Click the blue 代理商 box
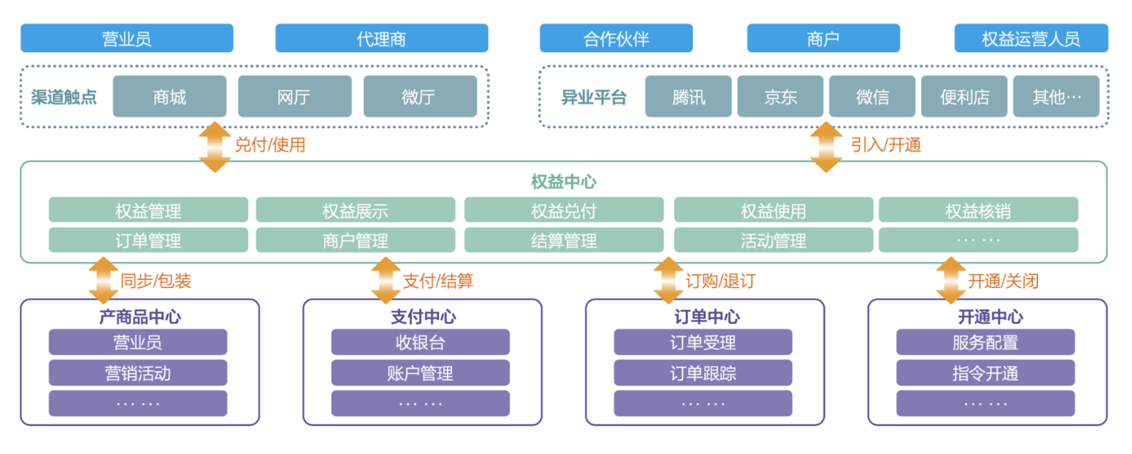381,38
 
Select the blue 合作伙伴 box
616,38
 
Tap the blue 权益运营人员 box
1031,38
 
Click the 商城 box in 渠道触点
169,96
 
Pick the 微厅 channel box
420,96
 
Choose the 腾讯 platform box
688,96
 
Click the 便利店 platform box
964,96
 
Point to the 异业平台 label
593,97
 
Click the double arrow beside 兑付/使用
215,147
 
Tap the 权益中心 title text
564,181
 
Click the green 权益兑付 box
564,211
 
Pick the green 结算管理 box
564,240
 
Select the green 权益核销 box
978,211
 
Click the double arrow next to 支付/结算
386,280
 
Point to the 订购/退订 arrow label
720,280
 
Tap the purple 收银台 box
420,342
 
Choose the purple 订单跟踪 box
703,373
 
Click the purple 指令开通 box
985,373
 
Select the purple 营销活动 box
137,373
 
